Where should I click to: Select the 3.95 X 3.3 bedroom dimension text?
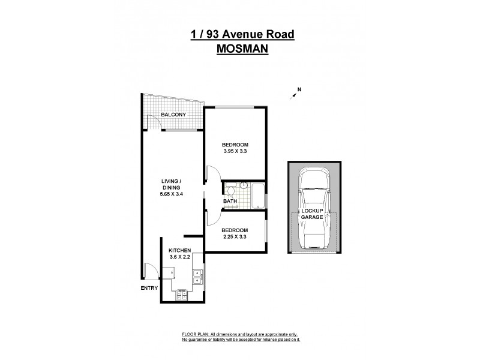[x=235, y=152]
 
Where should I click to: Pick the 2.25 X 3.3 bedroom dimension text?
[x=235, y=236]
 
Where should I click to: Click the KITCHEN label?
[x=179, y=250]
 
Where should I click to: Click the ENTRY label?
[x=150, y=288]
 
